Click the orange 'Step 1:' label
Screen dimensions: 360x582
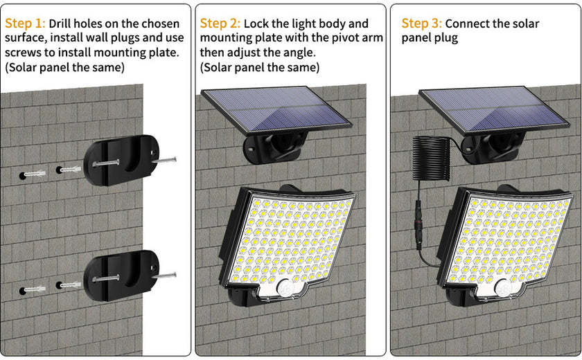[25, 24]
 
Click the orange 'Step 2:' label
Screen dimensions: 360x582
[220, 24]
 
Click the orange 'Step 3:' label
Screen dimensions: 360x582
[421, 24]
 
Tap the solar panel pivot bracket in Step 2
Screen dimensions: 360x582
[264, 148]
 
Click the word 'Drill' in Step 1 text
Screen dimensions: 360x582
[62, 24]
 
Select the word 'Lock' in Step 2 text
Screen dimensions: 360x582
[257, 24]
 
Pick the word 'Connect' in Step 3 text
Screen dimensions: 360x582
[468, 24]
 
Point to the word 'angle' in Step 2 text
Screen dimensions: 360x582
[298, 53]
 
